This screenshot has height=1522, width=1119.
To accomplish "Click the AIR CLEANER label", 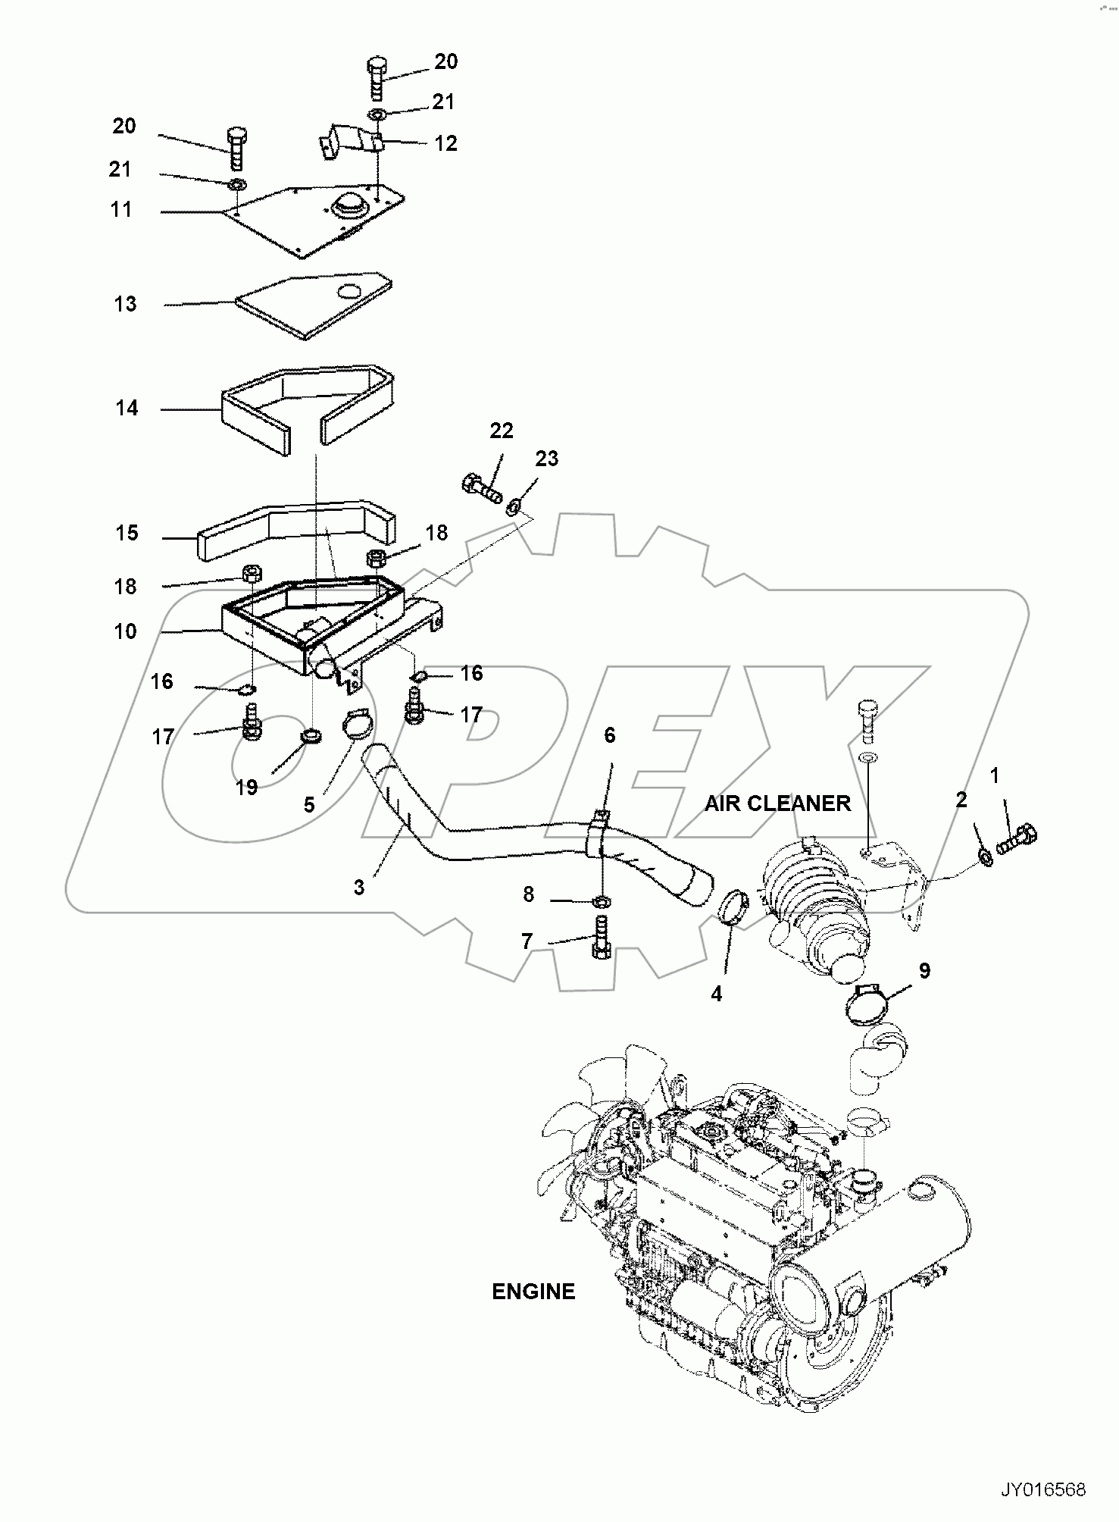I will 777,803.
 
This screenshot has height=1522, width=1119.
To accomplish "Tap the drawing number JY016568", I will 1042,1490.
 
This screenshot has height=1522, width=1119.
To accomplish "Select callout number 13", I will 125,304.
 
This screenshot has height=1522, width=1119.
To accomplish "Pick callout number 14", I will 127,409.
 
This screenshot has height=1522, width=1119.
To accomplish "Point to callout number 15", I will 127,533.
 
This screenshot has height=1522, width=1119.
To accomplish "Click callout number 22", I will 501,431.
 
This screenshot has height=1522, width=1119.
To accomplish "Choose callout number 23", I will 546,459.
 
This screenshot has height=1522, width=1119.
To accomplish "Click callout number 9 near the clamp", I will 924,971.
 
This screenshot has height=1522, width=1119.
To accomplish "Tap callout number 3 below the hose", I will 358,887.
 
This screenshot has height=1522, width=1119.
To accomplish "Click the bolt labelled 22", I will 480,487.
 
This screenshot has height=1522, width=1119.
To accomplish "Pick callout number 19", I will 246,788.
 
